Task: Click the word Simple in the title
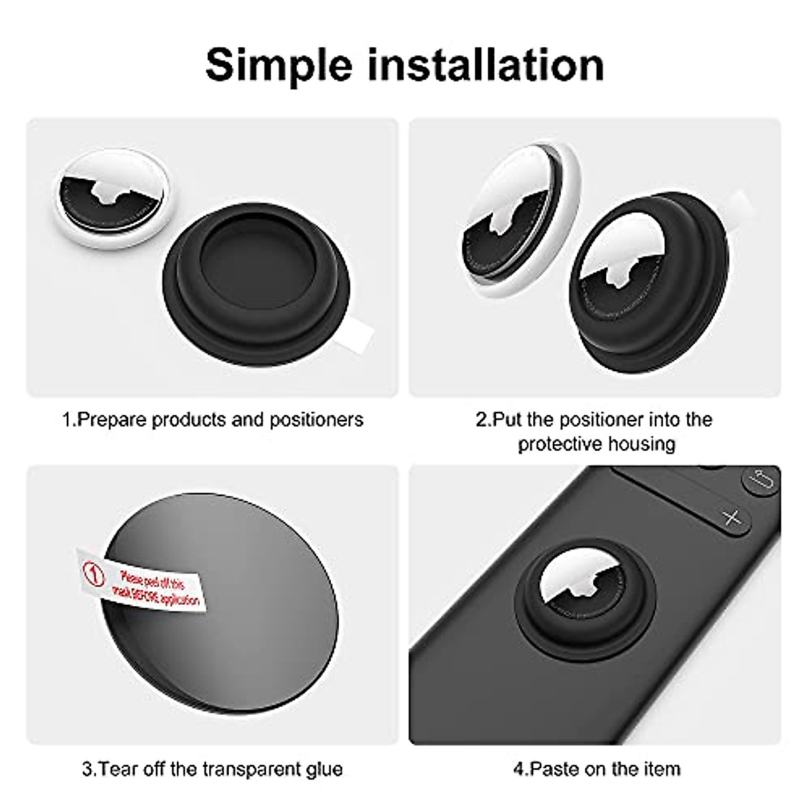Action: coord(278,65)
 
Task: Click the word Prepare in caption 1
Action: coord(112,420)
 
